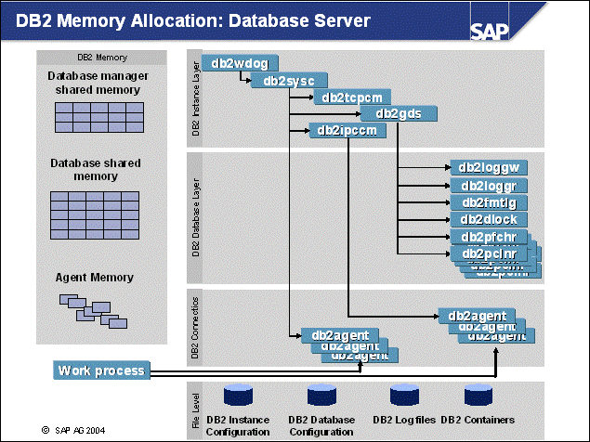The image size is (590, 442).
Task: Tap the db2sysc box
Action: (x=290, y=81)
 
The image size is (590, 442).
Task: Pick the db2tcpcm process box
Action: (x=352, y=97)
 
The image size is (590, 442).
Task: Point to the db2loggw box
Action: (x=488, y=168)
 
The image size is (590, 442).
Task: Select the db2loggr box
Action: (x=488, y=186)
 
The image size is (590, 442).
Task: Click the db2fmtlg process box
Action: (x=488, y=202)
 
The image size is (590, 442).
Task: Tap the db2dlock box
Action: (x=488, y=220)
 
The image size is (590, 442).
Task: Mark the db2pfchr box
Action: (x=488, y=237)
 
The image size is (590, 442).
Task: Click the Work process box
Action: (x=101, y=371)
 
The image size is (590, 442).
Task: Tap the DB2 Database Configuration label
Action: (x=321, y=426)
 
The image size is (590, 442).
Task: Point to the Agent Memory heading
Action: (x=95, y=278)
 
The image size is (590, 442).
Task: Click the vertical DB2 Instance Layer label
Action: (x=195, y=97)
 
